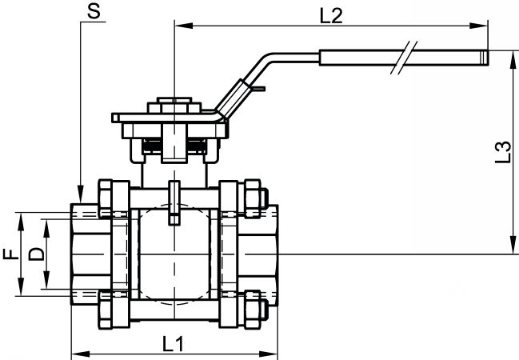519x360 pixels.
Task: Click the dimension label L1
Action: tap(173, 344)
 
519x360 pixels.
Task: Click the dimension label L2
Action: tap(331, 15)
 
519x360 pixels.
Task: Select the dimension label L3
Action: tap(503, 152)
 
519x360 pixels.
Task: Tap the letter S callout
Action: tap(94, 11)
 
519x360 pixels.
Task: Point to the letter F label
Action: tap(11, 254)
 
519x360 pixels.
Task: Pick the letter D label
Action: tap(37, 254)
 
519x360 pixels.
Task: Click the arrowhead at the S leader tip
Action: tap(81, 194)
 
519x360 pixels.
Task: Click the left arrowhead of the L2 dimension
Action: tap(184, 26)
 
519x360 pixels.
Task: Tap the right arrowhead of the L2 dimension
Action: tap(479, 26)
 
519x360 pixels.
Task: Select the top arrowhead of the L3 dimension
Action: tap(513, 60)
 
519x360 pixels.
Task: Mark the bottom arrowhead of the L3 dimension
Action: tap(513, 245)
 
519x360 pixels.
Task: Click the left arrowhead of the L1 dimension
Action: tap(81, 354)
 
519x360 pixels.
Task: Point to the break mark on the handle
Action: tap(404, 58)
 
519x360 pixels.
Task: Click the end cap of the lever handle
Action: tap(485, 58)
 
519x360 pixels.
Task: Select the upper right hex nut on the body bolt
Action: tap(253, 198)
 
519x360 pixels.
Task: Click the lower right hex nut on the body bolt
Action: tap(253, 310)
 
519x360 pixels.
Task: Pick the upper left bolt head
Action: tap(106, 198)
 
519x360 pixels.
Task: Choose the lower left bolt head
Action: tap(106, 310)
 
